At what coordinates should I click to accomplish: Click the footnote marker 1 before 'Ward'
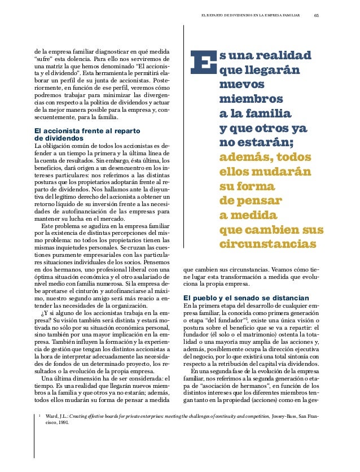tap(40, 430)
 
